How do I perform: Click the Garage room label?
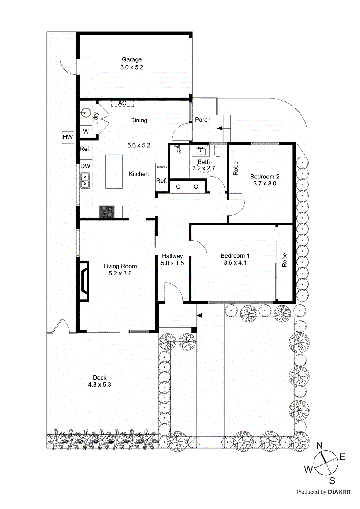pos(131,59)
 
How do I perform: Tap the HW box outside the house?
pos(68,137)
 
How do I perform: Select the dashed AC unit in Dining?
pos(122,103)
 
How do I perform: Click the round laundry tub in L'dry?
pos(85,112)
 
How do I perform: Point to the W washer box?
pos(86,131)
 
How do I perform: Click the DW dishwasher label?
pos(85,166)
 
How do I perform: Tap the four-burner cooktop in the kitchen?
pos(107,212)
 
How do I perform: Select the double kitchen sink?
pos(85,180)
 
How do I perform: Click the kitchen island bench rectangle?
pos(114,171)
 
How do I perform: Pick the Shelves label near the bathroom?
pos(161,167)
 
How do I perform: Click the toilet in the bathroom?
pos(218,150)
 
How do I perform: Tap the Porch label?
pos(203,120)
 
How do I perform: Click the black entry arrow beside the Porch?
pos(220,128)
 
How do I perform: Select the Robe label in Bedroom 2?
pos(236,168)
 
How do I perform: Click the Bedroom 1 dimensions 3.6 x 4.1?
pos(235,263)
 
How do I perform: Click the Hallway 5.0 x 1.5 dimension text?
pos(172,263)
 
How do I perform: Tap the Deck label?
pos(100,378)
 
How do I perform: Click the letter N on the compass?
pos(319,446)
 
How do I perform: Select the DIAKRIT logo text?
pos(340,492)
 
